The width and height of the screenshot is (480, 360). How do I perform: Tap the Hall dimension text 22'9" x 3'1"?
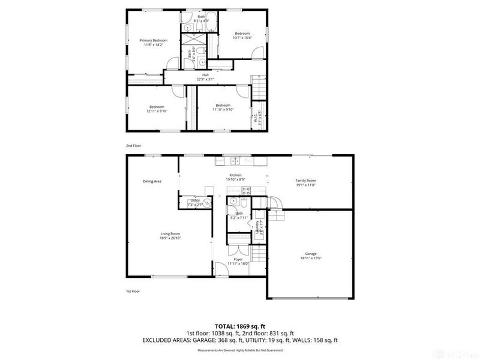point(209,79)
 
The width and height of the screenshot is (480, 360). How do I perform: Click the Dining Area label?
point(152,181)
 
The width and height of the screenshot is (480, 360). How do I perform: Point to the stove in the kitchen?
point(245,191)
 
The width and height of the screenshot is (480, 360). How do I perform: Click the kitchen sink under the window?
point(233,160)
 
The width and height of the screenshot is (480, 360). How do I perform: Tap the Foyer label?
point(238,259)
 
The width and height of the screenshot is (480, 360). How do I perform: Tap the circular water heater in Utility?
point(206,204)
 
